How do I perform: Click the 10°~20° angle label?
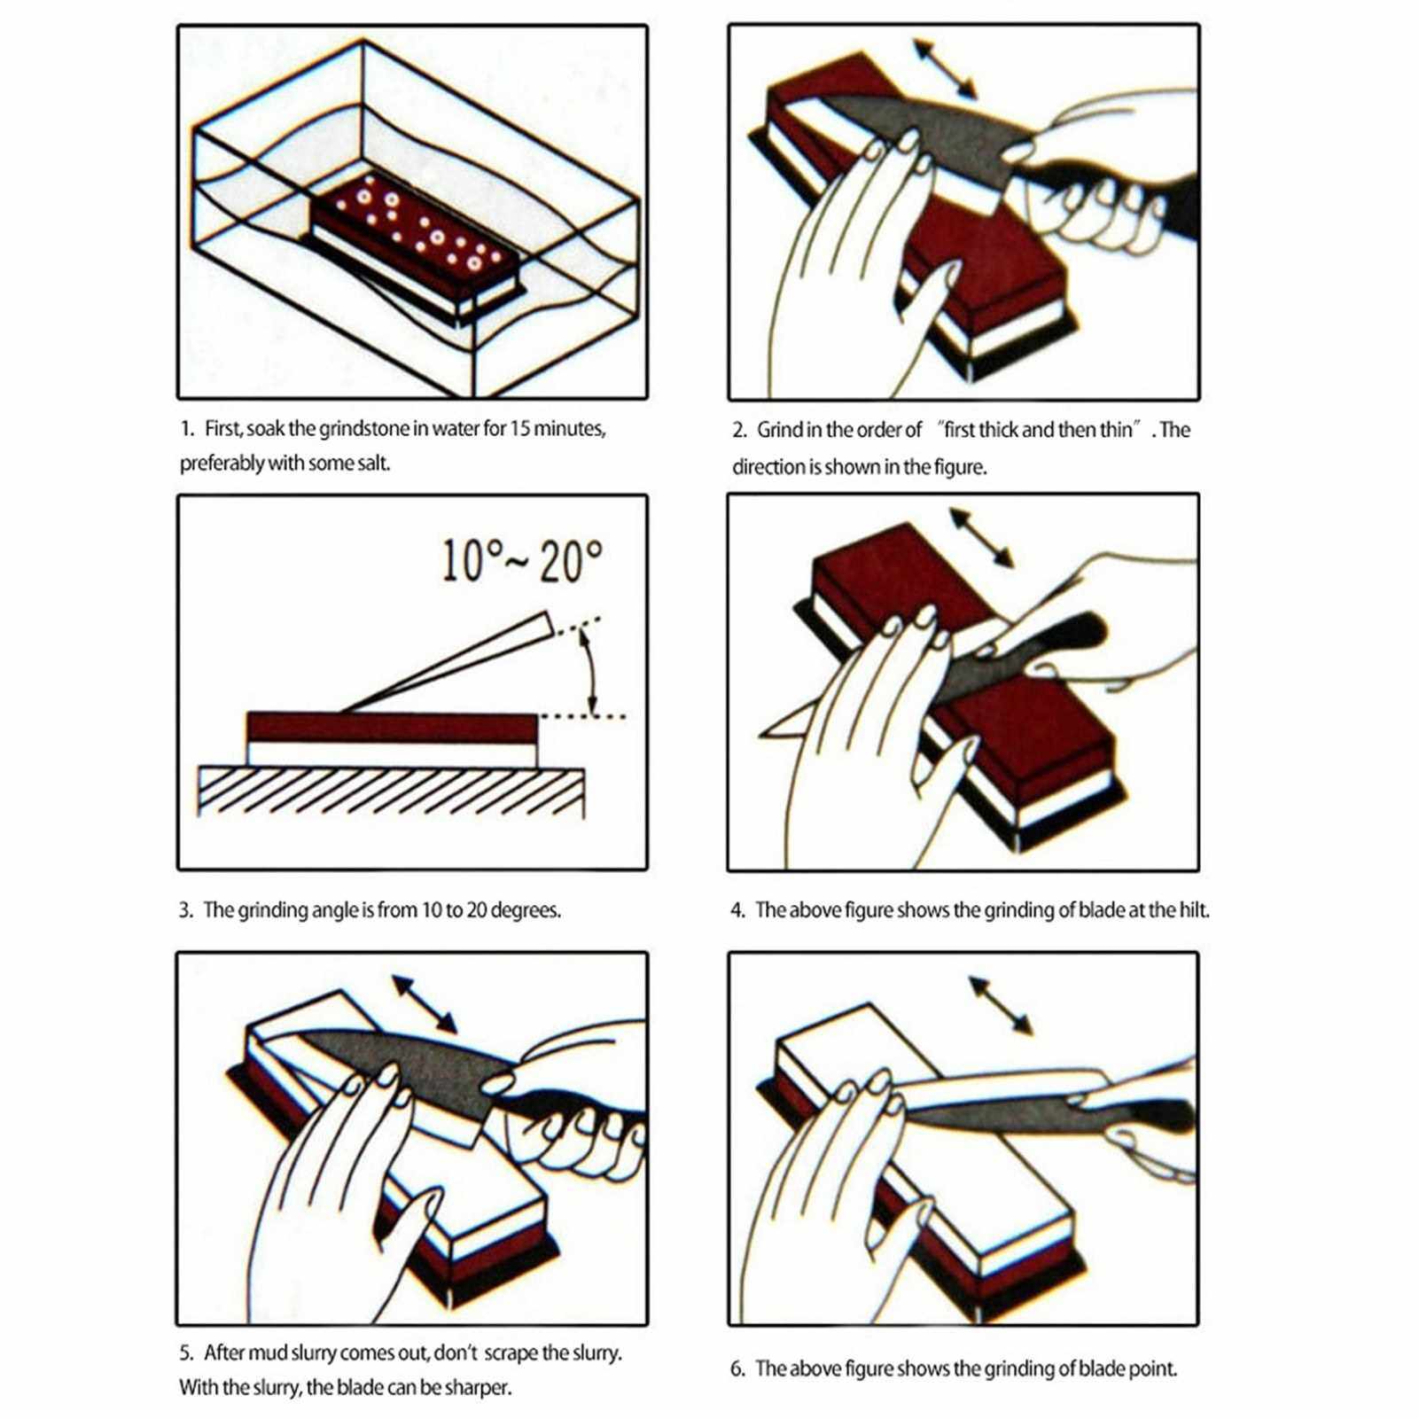[522, 561]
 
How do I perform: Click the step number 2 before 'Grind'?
[739, 431]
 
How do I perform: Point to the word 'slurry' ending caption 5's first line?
[594, 1353]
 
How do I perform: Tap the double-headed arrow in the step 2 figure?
[945, 68]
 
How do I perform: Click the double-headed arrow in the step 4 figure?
[980, 537]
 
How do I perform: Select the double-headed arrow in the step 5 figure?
[425, 1004]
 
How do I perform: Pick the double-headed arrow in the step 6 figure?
[1001, 1006]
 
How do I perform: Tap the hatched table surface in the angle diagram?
[391, 791]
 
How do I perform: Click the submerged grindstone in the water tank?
[414, 239]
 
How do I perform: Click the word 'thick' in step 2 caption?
[996, 431]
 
